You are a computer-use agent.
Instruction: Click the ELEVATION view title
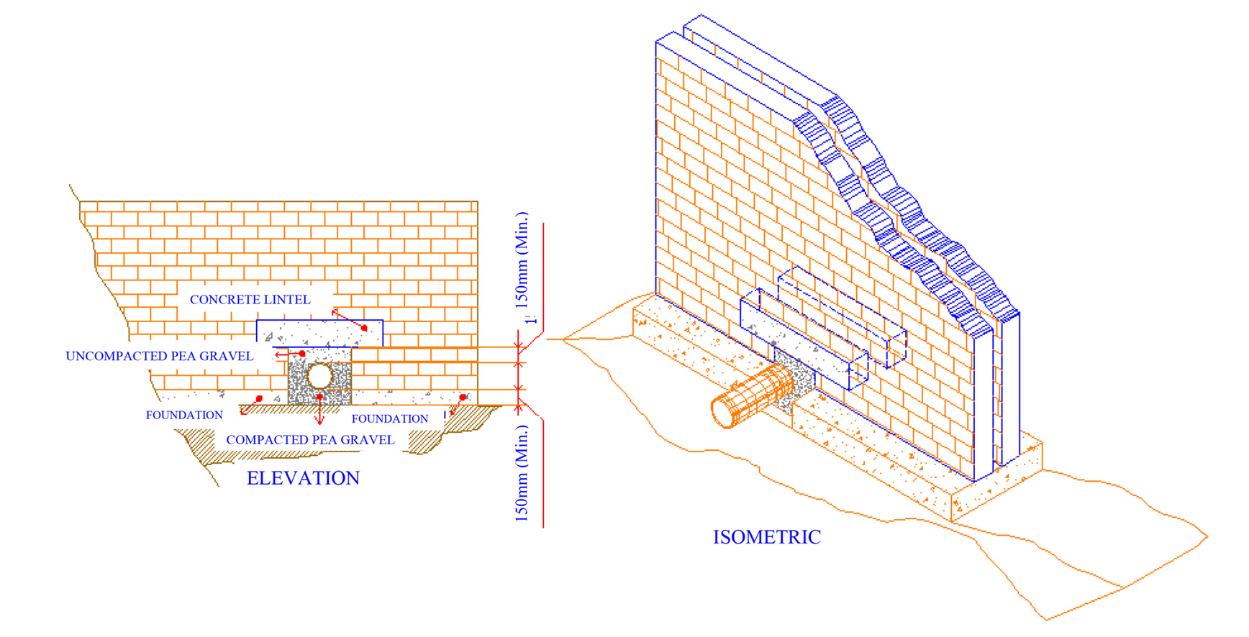coord(303,478)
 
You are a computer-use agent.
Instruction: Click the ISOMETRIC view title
coord(766,537)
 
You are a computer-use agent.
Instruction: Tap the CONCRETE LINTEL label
coord(250,299)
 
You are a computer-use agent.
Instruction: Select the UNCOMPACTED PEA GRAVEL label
coord(159,356)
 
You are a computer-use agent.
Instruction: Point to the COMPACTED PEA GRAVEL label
coord(310,439)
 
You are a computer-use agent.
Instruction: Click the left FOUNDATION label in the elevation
coord(184,415)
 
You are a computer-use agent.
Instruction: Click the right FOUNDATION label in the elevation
coord(389,418)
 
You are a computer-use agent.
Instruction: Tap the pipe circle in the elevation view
coord(319,375)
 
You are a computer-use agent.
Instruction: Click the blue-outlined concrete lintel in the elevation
coord(319,333)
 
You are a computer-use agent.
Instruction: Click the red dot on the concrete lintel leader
coord(364,328)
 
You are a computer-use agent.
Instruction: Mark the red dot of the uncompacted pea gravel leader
coord(302,354)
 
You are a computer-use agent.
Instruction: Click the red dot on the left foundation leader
coord(259,398)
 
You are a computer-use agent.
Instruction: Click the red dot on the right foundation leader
coord(463,397)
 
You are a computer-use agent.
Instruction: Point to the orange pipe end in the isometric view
coord(721,412)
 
